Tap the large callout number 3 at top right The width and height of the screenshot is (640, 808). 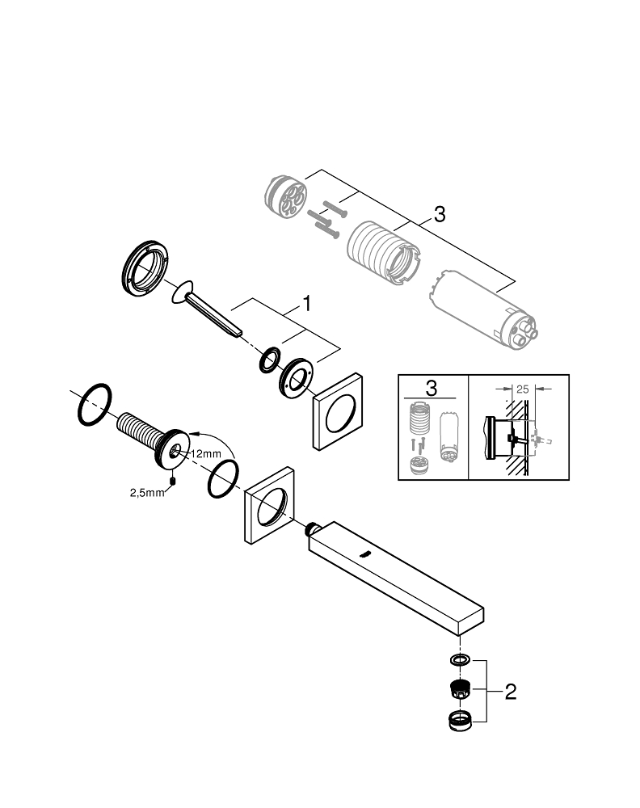pyautogui.click(x=439, y=214)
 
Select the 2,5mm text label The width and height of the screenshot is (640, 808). pyautogui.click(x=146, y=493)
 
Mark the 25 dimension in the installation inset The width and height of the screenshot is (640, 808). pyautogui.click(x=522, y=389)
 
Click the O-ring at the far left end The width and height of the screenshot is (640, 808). pyautogui.click(x=95, y=403)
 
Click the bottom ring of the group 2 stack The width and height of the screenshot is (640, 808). pyautogui.click(x=461, y=719)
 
